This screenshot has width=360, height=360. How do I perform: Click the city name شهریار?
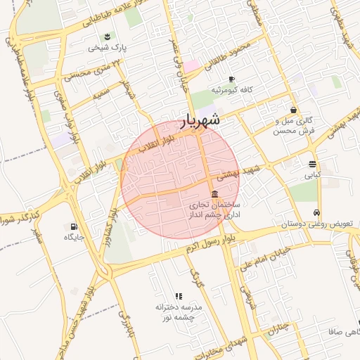point(201,120)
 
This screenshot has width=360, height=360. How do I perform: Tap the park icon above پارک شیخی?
point(107,37)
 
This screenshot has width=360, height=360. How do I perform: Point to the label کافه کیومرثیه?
point(236,90)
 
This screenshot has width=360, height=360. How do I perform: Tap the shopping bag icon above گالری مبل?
point(293,110)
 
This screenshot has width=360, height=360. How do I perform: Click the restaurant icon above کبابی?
point(311,165)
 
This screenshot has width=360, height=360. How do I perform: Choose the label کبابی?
point(311,175)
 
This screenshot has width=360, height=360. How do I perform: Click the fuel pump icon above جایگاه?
point(73,226)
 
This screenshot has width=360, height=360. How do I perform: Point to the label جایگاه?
point(74,238)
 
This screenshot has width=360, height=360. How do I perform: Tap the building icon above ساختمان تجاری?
point(214,194)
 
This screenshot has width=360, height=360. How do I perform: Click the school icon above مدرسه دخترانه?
point(178,297)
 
